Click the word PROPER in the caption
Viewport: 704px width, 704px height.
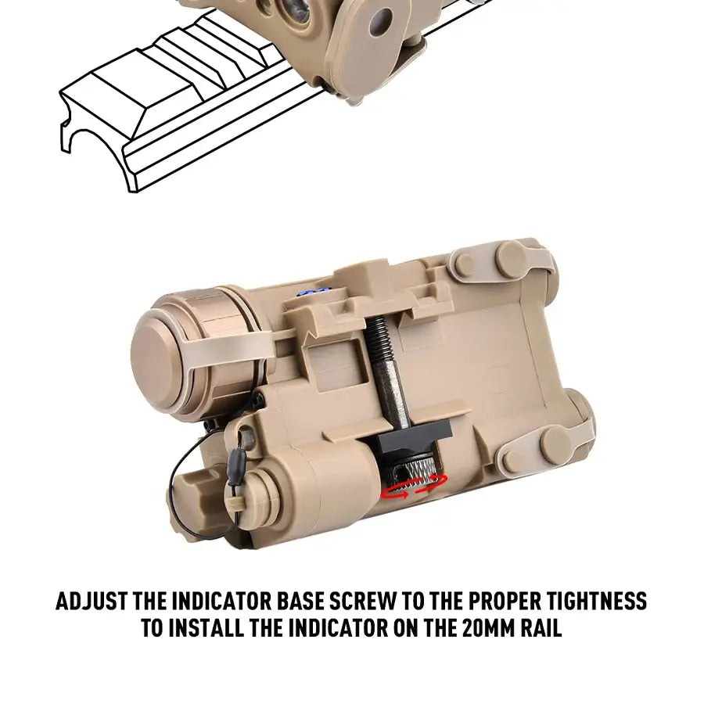click(x=504, y=602)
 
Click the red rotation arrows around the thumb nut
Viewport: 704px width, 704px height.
click(x=414, y=487)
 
